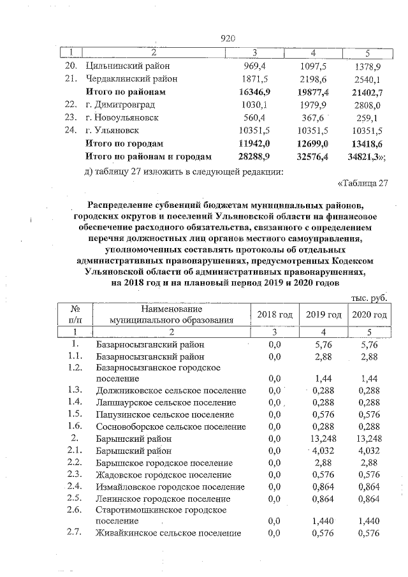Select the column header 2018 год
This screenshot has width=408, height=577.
(x=274, y=314)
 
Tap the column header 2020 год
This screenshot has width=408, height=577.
(x=370, y=314)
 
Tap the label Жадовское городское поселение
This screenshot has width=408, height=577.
(x=163, y=474)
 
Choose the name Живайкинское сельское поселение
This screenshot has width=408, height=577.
(x=168, y=534)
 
